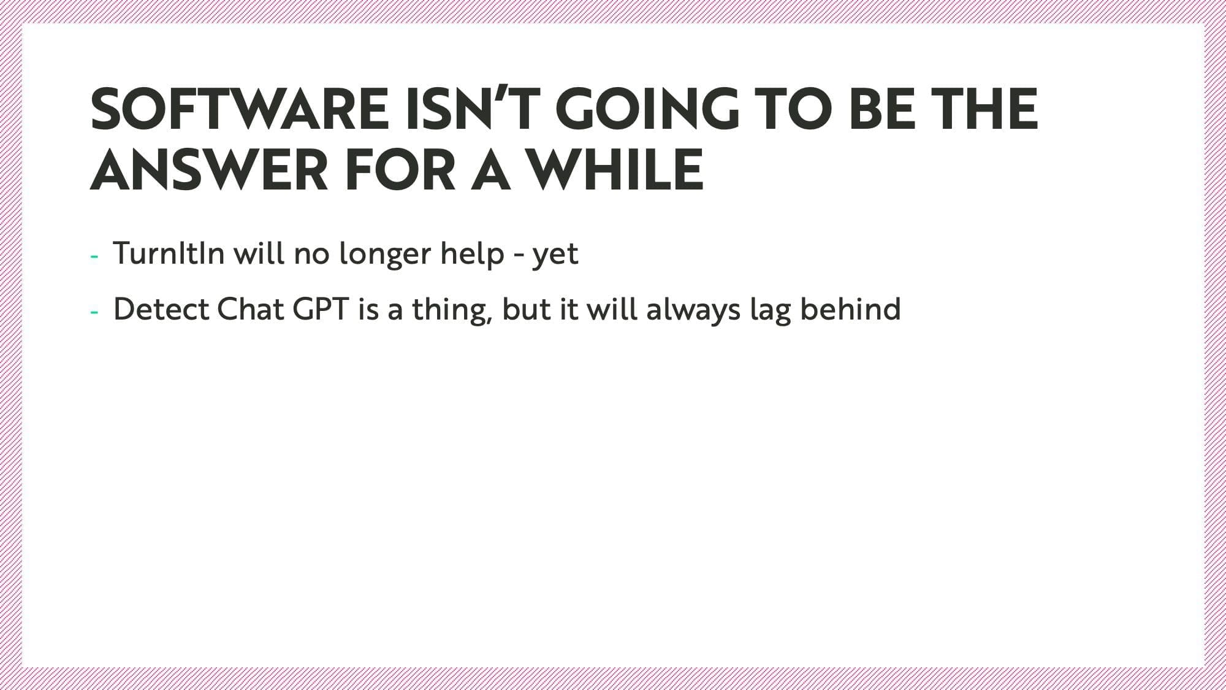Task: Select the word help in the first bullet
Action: [472, 255]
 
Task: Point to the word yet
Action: [555, 256]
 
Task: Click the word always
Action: [693, 310]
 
